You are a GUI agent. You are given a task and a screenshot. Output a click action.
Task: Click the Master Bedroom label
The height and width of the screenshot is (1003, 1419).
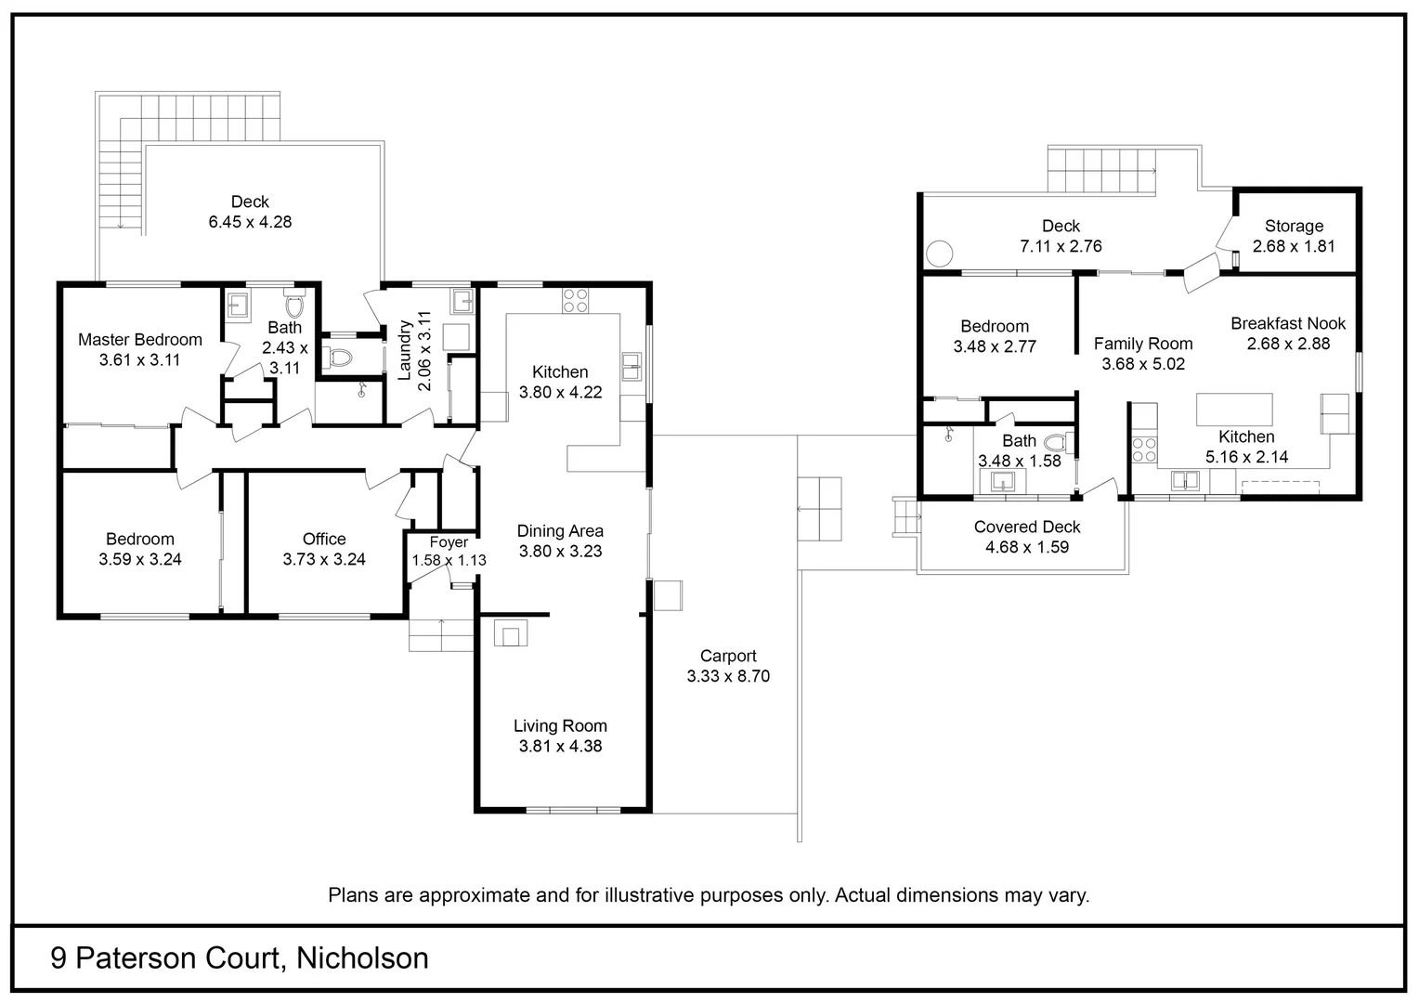click(139, 340)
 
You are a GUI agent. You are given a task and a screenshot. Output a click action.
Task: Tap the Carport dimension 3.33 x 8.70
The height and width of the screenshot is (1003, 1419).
click(728, 676)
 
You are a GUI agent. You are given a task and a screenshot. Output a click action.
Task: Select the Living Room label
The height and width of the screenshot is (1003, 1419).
click(560, 726)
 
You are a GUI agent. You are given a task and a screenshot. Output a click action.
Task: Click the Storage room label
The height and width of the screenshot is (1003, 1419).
click(1294, 226)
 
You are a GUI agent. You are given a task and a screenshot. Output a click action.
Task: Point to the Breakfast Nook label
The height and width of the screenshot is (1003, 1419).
click(1288, 323)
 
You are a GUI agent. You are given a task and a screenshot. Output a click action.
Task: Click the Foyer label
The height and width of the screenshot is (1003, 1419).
click(449, 542)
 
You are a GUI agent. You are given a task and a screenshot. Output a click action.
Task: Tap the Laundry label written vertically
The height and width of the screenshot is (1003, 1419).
click(405, 350)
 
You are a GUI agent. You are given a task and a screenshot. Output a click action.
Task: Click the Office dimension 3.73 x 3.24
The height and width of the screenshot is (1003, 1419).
click(324, 559)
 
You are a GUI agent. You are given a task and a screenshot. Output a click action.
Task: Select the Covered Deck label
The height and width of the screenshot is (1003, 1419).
click(1027, 527)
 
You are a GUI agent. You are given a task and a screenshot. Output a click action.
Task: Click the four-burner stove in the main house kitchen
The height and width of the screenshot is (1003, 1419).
click(575, 300)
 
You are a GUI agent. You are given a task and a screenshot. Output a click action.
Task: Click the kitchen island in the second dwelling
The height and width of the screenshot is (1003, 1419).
click(1233, 410)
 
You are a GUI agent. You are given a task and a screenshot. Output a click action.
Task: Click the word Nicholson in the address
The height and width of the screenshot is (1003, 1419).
click(362, 957)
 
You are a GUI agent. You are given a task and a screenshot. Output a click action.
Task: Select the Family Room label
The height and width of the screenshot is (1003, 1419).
click(1143, 344)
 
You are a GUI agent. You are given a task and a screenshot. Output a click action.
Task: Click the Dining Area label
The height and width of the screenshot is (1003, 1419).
click(560, 530)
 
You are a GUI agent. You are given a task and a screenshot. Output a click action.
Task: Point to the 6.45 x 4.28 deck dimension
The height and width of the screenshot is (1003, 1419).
click(250, 222)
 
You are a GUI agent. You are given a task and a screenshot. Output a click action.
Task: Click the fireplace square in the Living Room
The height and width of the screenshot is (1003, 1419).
click(511, 634)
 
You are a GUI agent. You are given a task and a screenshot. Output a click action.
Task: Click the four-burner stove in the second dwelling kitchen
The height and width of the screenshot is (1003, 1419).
click(1144, 449)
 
